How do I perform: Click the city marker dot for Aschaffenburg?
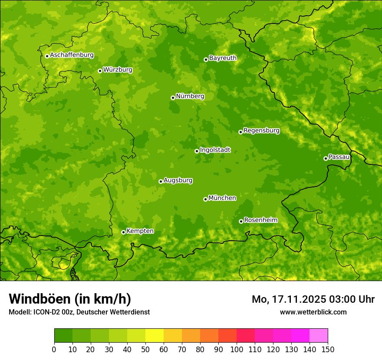point(47,56)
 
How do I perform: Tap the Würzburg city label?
point(118,70)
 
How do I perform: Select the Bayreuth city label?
point(223,58)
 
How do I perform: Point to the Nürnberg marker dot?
point(173,98)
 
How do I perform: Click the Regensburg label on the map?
point(261,131)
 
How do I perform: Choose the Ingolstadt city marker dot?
point(197,151)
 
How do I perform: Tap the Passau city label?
point(339,157)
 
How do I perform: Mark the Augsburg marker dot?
point(161,181)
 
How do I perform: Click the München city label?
point(222,198)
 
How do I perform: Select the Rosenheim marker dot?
point(241,221)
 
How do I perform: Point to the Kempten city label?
point(140,231)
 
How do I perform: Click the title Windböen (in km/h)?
point(69,299)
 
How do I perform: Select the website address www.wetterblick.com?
point(313,312)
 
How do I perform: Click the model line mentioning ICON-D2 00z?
point(79,312)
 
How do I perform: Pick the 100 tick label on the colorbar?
point(237,350)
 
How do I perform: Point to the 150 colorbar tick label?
point(328,350)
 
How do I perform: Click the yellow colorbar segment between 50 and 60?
point(155,336)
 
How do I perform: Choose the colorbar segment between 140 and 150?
point(319,336)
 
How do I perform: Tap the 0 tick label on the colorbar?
point(54,350)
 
